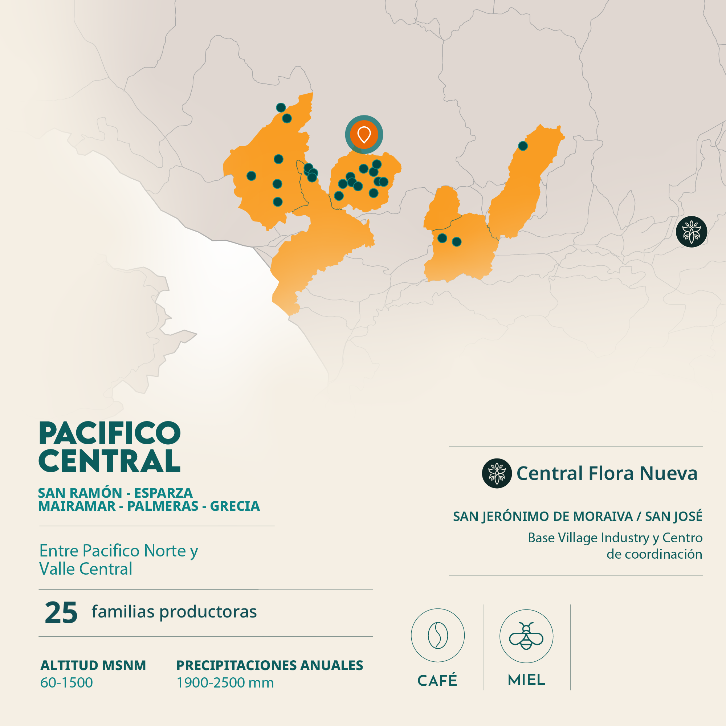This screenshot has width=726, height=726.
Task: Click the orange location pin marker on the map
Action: click(x=364, y=135)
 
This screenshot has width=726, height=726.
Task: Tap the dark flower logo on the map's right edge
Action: click(x=692, y=232)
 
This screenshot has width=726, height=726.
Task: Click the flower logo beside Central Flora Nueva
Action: click(x=497, y=473)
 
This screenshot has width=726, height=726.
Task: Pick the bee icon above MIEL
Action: click(x=526, y=636)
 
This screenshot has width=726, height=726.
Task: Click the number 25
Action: click(x=61, y=613)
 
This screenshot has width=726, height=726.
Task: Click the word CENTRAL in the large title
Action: click(x=110, y=461)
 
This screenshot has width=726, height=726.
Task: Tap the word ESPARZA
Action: click(x=163, y=493)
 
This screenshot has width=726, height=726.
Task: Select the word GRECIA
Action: click(x=235, y=506)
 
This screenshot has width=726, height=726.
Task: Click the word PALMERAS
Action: click(x=163, y=506)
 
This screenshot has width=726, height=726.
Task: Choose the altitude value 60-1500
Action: click(x=66, y=682)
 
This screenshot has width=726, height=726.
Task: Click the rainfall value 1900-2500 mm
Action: click(x=225, y=682)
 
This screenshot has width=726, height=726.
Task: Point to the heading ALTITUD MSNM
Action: click(x=93, y=665)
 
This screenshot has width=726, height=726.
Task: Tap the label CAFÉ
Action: click(x=437, y=681)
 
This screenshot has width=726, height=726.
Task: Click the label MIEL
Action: click(x=526, y=680)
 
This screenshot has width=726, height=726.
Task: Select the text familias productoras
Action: click(x=174, y=612)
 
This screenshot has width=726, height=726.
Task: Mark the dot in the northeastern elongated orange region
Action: click(x=523, y=146)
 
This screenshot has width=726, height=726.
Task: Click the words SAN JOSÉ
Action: click(x=673, y=516)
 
